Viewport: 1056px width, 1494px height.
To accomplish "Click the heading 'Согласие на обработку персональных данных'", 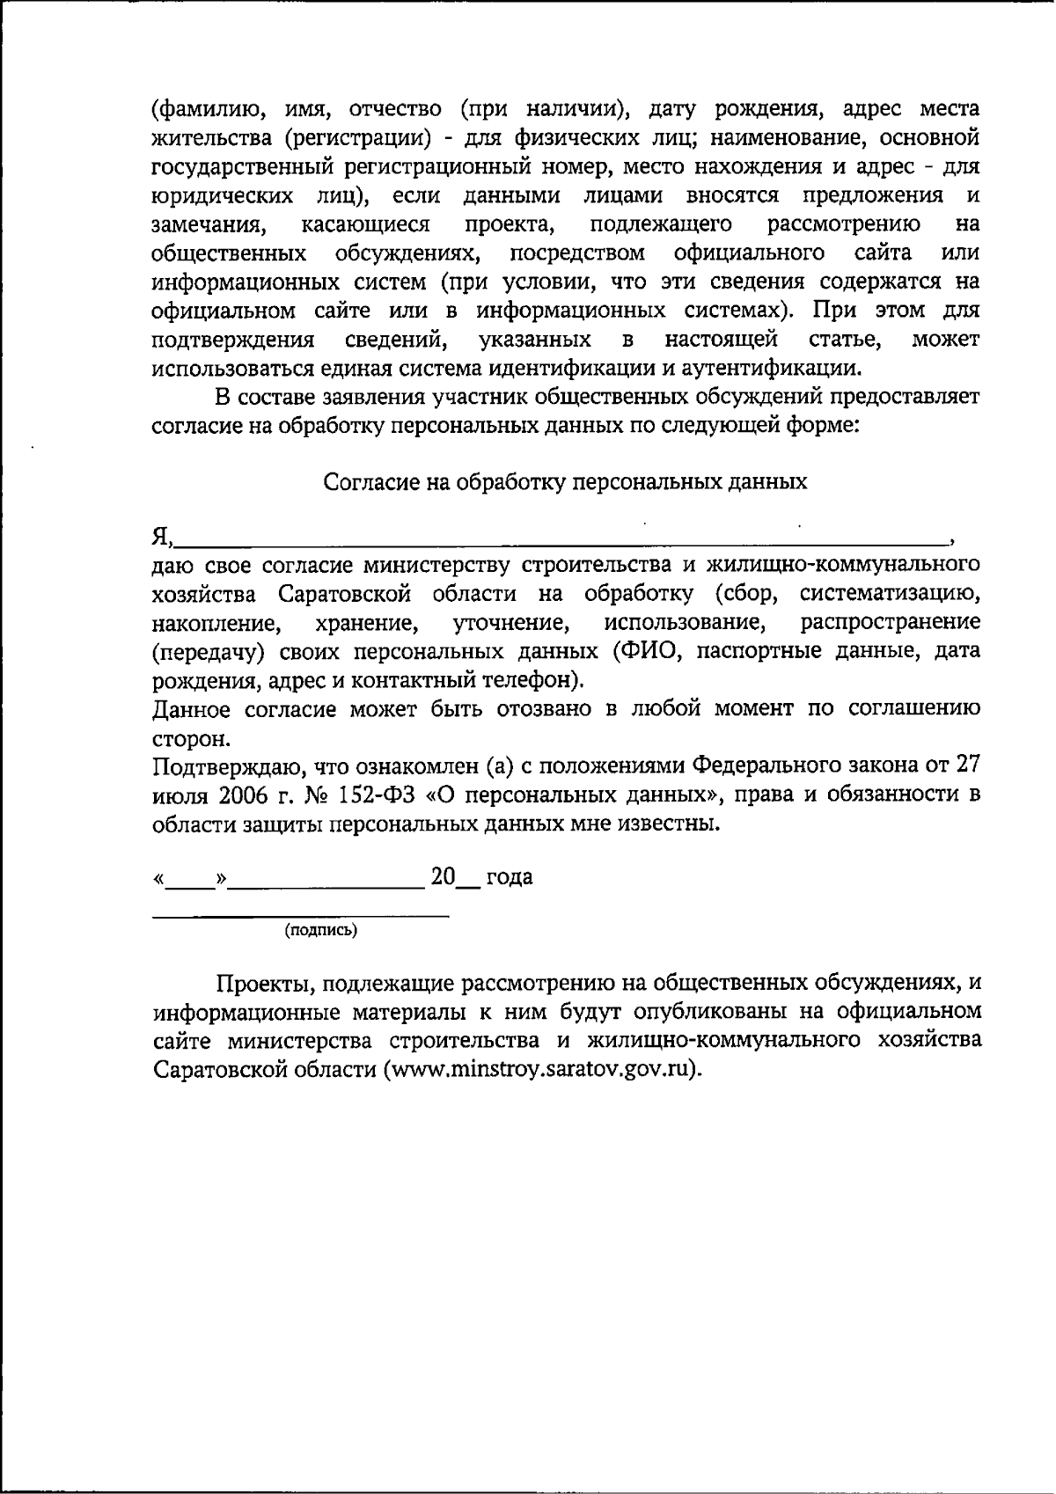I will coord(565,482).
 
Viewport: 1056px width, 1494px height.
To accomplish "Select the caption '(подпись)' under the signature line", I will coord(320,929).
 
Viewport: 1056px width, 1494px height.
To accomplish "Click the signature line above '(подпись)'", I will coord(301,916).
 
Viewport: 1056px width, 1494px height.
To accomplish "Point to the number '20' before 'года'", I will coord(444,876).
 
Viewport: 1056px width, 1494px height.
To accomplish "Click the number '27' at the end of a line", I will coord(966,765).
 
